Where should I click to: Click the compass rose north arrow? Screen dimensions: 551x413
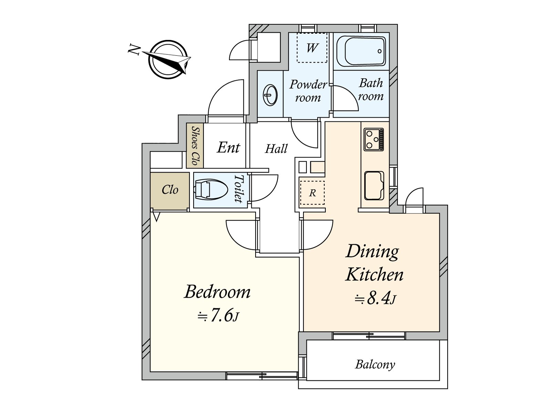(167, 60)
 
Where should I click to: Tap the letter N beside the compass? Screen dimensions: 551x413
(134, 50)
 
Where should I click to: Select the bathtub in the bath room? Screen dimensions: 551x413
(361, 51)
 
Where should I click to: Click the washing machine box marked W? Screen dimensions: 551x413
(312, 47)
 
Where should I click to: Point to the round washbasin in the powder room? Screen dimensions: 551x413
(270, 95)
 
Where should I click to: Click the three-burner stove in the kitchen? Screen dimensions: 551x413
(374, 139)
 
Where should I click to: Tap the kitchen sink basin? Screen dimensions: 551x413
(374, 186)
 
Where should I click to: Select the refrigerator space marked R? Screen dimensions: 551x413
(312, 193)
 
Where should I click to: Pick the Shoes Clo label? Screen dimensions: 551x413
(195, 146)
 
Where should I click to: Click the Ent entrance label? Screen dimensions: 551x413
(228, 147)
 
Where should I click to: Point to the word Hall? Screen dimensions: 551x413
(276, 149)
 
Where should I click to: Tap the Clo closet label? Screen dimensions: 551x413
(170, 190)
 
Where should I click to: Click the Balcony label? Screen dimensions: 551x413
(375, 364)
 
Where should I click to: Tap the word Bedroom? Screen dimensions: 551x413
(217, 292)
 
